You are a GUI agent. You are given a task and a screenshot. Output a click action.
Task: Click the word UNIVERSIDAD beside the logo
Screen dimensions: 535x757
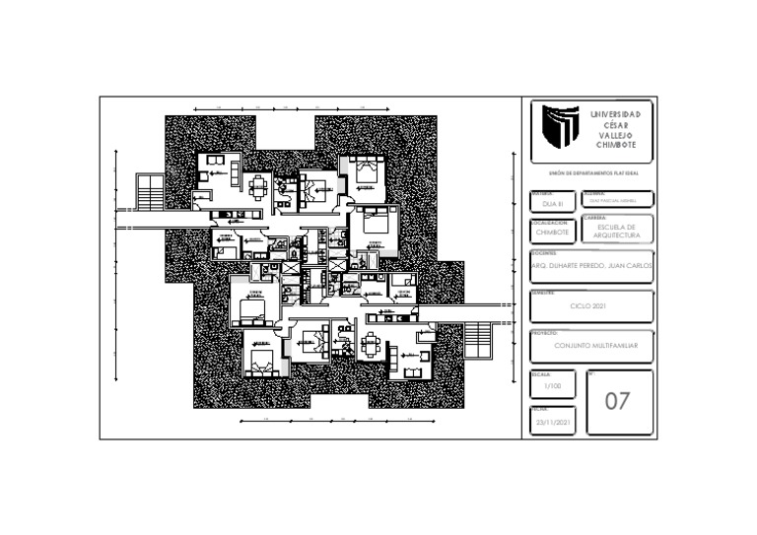point(615,114)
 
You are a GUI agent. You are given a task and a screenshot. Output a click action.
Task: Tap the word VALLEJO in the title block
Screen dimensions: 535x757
point(615,134)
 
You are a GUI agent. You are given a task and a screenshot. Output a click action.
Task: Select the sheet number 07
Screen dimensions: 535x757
point(617,401)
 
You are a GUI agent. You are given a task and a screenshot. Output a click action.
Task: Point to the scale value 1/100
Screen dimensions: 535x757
point(552,387)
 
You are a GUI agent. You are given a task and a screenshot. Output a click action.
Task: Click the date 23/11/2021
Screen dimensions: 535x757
point(553,422)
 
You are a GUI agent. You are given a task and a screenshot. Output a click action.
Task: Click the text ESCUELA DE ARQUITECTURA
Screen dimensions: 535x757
point(617,232)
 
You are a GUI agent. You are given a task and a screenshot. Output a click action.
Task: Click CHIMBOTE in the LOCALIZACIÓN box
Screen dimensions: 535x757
point(552,233)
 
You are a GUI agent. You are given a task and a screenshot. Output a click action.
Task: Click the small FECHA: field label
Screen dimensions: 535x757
point(539,408)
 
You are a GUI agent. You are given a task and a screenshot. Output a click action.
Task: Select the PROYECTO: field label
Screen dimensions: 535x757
point(544,333)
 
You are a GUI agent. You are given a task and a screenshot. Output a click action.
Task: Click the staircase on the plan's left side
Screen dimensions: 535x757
point(150,191)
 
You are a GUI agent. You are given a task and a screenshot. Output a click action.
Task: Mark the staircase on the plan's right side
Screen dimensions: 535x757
point(477,340)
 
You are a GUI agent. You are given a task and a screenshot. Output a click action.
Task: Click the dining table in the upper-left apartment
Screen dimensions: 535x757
point(259,184)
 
